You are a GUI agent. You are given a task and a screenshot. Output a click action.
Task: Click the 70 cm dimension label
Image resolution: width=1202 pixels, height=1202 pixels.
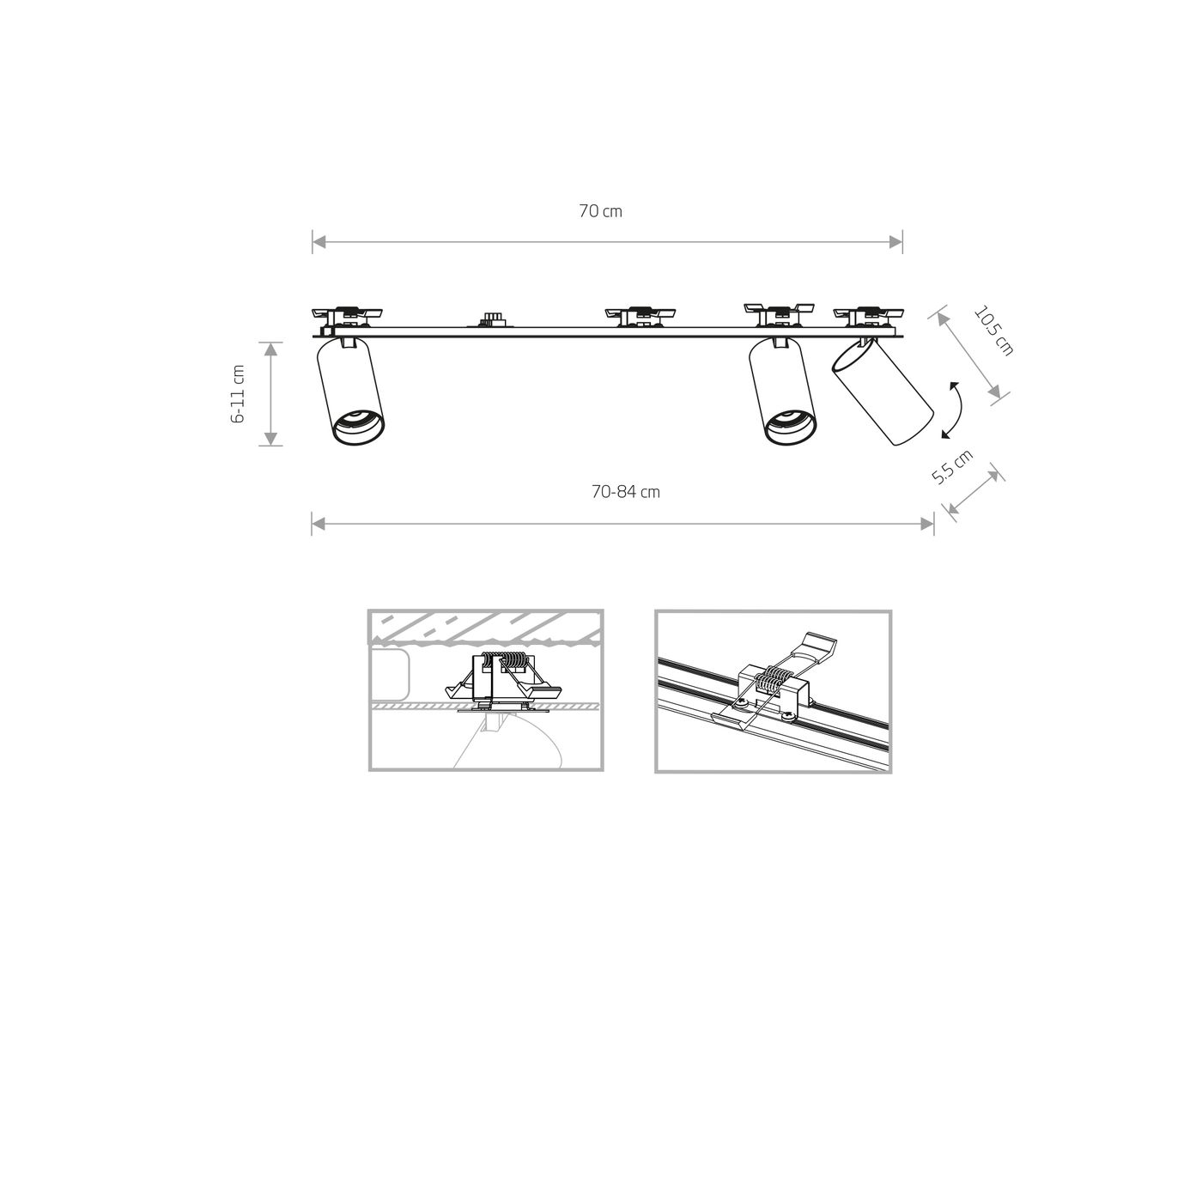tap(600, 211)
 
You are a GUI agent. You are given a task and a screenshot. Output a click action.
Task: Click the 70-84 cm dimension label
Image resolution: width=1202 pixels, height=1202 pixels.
tap(625, 492)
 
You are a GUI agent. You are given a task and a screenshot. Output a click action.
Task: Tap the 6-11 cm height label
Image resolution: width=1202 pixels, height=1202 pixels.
tap(239, 394)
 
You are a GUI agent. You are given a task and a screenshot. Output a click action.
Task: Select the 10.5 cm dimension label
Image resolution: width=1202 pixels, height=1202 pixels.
tap(993, 331)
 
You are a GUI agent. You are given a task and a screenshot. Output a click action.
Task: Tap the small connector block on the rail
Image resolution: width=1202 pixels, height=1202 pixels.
tap(492, 320)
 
